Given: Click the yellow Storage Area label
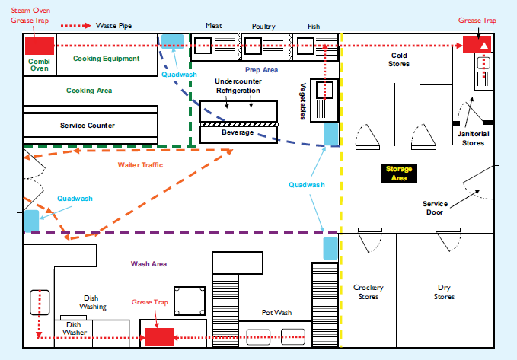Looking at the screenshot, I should pyautogui.click(x=398, y=174).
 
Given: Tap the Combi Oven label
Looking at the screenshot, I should pyautogui.click(x=38, y=64).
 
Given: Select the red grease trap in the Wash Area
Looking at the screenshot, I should pyautogui.click(x=158, y=335).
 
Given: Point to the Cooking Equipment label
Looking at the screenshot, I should pyautogui.click(x=106, y=59).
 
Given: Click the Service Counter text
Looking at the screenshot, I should pyautogui.click(x=88, y=126).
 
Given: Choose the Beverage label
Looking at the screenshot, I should pyautogui.click(x=238, y=133).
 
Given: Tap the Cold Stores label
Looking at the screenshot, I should pyautogui.click(x=401, y=59).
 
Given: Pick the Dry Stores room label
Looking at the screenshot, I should pyautogui.click(x=444, y=292).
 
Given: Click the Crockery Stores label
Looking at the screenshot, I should pyautogui.click(x=369, y=292).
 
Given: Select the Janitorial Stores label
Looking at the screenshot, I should pyautogui.click(x=474, y=138).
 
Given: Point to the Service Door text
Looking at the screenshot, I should pyautogui.click(x=436, y=207).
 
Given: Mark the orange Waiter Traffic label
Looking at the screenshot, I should pyautogui.click(x=140, y=164).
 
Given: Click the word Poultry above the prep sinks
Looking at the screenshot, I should pyautogui.click(x=264, y=27).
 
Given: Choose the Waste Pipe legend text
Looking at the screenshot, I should pyautogui.click(x=113, y=26).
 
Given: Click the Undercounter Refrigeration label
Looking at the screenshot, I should pyautogui.click(x=238, y=86).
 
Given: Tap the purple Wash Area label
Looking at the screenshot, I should pyautogui.click(x=149, y=264).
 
